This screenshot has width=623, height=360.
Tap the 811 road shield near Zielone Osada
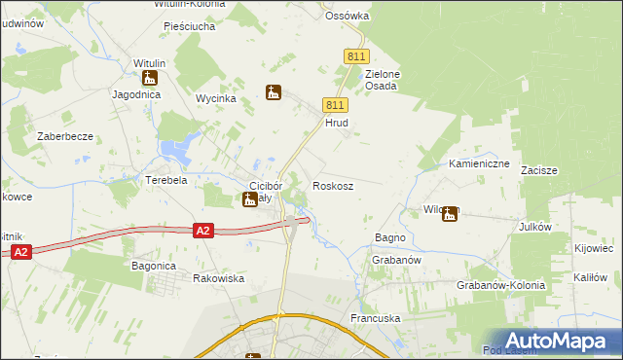coord(353,57)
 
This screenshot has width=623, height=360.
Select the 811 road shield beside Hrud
coord(334,105)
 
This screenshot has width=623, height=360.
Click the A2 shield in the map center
coord(202,231)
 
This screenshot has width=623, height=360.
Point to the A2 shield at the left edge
coord(21,252)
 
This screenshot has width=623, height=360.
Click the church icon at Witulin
coord(150,78)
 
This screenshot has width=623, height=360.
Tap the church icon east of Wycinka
coord(274,92)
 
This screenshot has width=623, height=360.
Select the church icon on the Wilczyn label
coord(450,213)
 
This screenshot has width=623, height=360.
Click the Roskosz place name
coord(332,185)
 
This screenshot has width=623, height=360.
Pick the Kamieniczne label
coord(479,163)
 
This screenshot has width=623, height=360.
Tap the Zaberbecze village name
coord(65,136)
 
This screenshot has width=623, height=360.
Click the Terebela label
coord(165,181)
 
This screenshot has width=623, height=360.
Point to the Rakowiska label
coord(218,278)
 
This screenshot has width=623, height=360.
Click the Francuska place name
coord(375,318)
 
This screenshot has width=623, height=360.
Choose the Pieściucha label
coord(189,27)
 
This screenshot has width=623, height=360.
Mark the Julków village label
coord(563,226)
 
